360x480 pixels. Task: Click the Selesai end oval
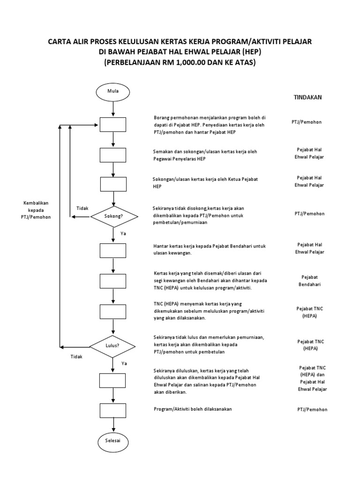point(113,442)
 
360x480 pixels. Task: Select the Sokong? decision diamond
point(114,217)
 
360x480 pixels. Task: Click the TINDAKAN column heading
point(307,97)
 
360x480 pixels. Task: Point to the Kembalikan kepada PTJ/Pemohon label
point(36,210)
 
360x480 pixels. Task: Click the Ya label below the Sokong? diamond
point(123,233)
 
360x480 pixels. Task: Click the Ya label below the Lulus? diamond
point(124,363)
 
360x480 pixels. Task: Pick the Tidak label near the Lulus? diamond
point(76,357)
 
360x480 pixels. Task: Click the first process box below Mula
point(113,125)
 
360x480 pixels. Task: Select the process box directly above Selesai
point(113,411)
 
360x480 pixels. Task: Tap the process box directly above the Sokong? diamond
point(113,184)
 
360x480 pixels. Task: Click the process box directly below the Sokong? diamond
point(113,251)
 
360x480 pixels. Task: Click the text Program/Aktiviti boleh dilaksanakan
point(193,409)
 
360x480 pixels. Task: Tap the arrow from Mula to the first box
point(113,109)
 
